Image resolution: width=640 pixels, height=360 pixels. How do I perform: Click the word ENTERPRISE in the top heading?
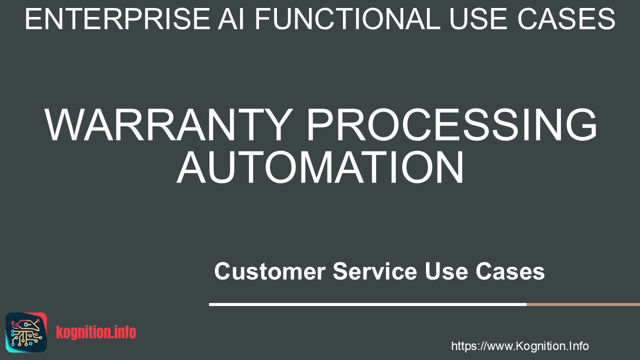point(117,19)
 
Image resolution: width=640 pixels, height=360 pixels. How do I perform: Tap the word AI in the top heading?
point(231,19)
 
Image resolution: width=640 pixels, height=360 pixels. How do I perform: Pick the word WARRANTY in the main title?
point(169,124)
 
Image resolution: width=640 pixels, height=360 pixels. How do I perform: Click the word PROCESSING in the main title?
point(451,124)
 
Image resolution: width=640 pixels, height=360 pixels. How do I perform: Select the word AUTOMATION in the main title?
point(320,167)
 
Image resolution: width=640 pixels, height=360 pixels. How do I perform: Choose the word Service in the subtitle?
point(375,271)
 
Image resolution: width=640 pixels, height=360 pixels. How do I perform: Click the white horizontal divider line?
point(367,304)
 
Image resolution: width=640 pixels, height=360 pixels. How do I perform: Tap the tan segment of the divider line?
point(583,304)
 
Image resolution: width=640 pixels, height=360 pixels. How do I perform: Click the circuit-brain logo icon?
point(26,332)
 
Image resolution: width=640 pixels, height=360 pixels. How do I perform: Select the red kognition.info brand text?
point(96,332)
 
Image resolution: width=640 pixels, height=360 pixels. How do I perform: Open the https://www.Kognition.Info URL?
point(520,346)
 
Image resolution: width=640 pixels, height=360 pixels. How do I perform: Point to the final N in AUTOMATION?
point(449,167)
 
